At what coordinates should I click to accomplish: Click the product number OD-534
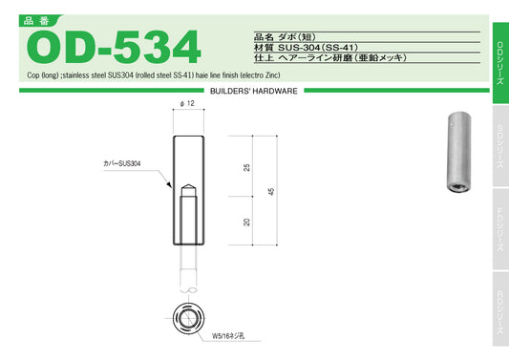tap(115, 46)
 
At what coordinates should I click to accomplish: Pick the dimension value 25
tap(247, 167)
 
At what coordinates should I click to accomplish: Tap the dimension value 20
tap(247, 222)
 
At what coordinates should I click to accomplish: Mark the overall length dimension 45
tap(271, 191)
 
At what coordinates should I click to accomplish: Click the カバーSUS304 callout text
tap(123, 164)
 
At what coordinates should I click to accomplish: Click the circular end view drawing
tap(189, 316)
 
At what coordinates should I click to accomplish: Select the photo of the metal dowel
tap(454, 154)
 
